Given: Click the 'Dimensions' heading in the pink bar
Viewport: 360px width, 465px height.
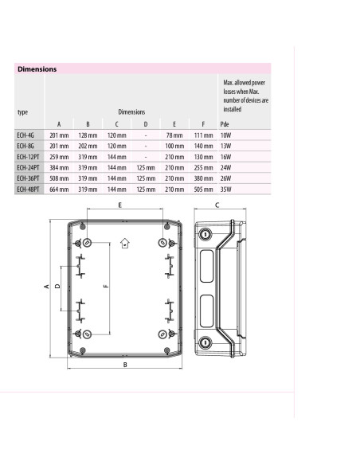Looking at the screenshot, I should click(x=37, y=69).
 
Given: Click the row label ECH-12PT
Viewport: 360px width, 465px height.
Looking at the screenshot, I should click(x=29, y=158).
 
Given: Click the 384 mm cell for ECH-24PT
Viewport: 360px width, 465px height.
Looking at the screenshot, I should click(x=58, y=168).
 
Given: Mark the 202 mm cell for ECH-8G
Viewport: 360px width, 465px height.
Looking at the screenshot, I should click(x=88, y=147).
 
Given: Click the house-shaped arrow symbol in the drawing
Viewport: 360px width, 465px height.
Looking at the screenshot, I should click(x=123, y=244).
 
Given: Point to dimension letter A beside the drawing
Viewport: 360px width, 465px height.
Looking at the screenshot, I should click(x=45, y=286).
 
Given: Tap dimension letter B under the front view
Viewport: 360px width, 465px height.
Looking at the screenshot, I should click(x=125, y=365).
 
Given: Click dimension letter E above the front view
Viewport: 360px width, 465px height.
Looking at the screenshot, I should click(x=119, y=205).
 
